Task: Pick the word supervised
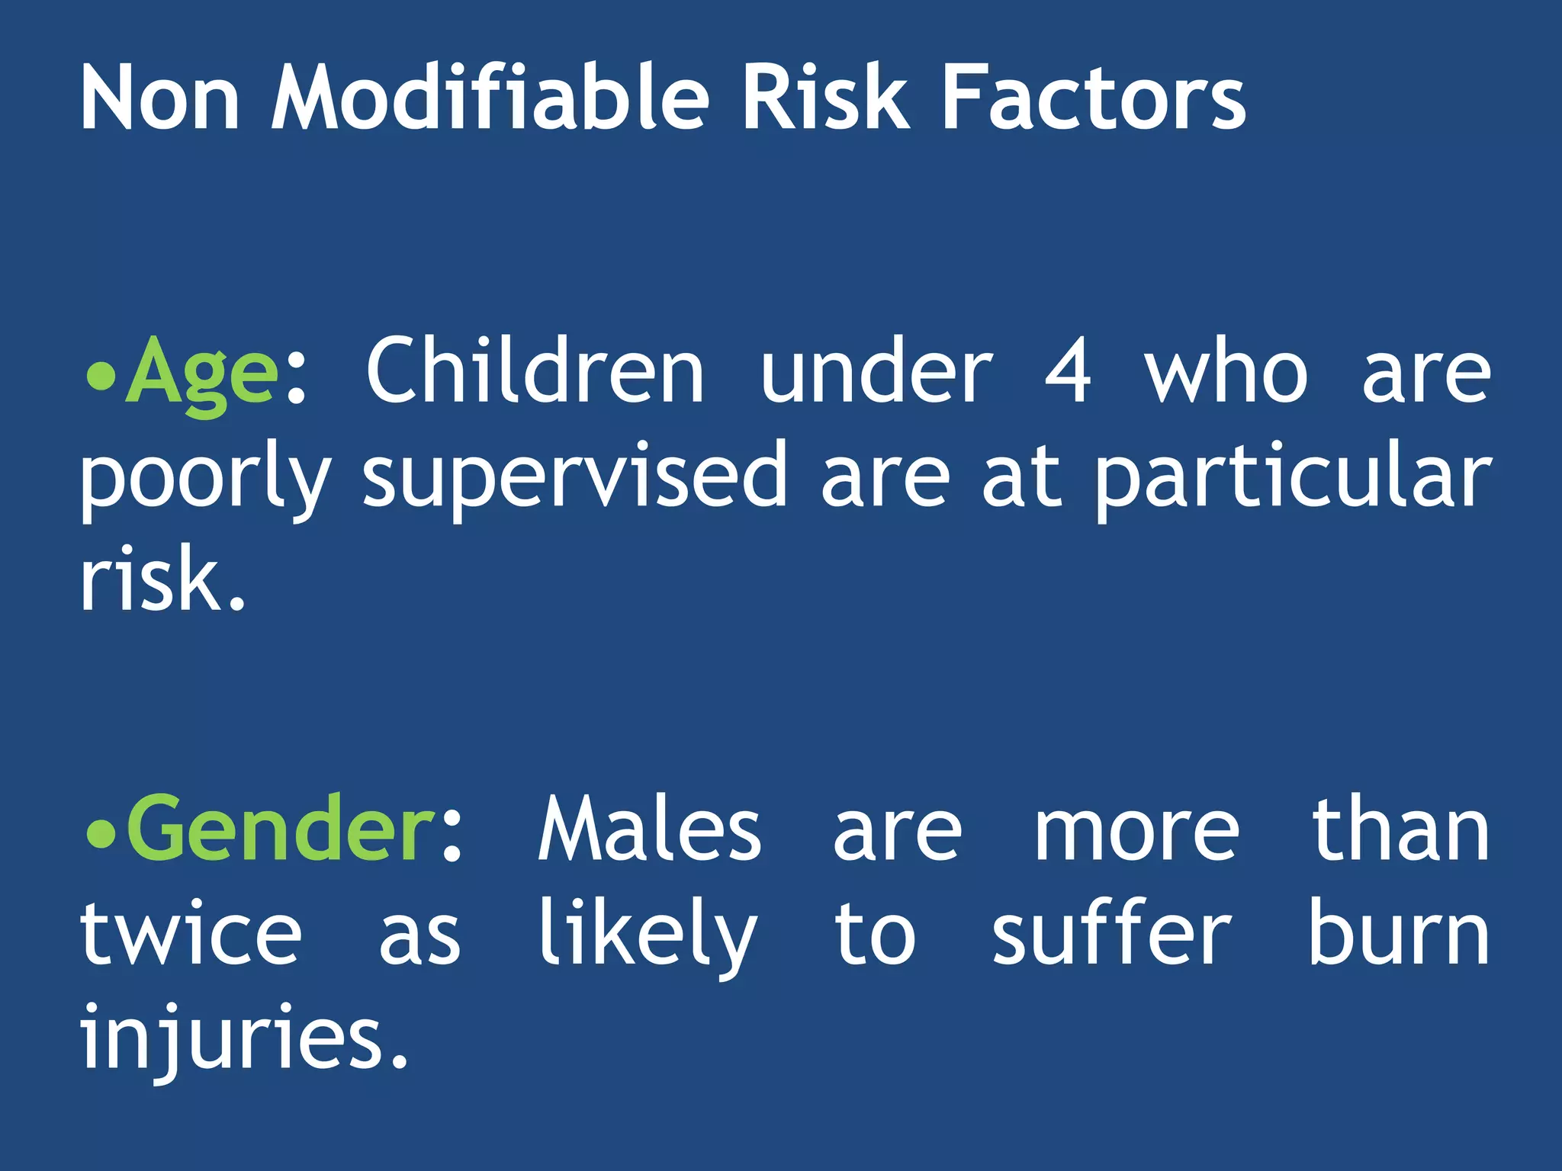click(574, 476)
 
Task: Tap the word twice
click(191, 934)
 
